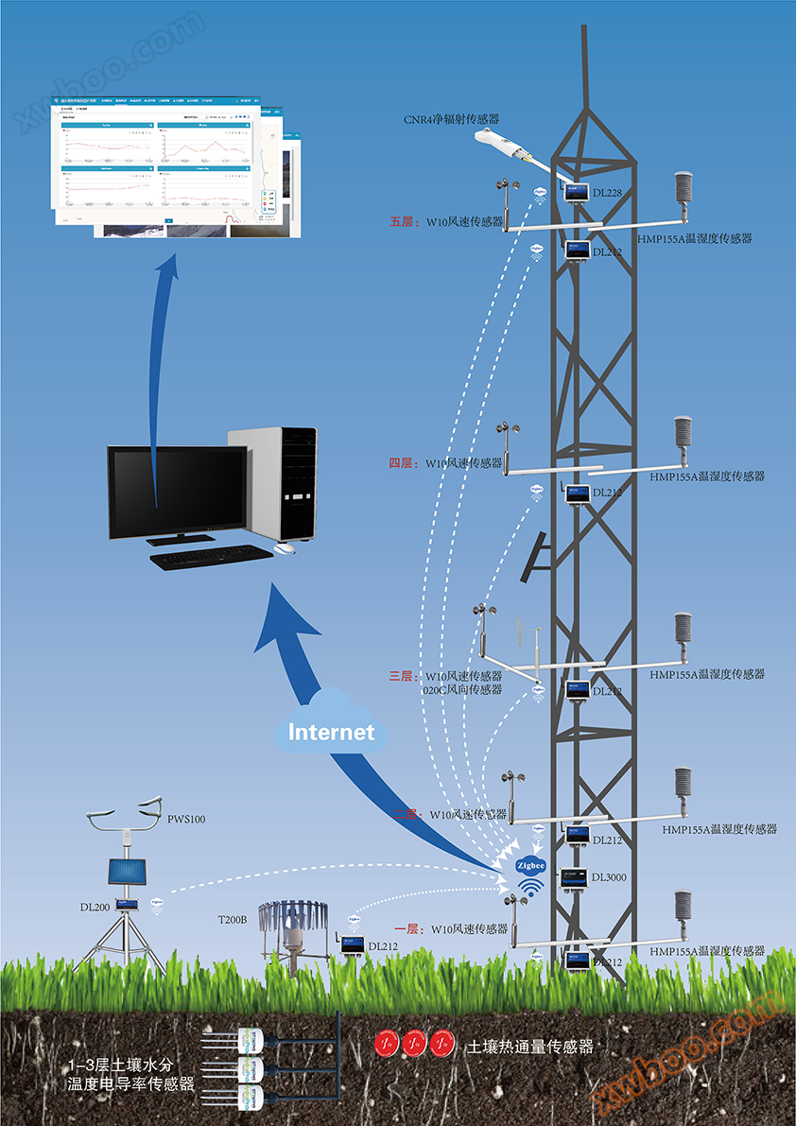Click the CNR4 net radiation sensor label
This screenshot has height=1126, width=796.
pyautogui.click(x=451, y=119)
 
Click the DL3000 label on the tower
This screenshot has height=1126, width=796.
pyautogui.click(x=609, y=877)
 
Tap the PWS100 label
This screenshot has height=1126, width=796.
pyautogui.click(x=186, y=819)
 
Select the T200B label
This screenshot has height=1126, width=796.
pyautogui.click(x=232, y=919)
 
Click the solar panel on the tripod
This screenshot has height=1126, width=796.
pyautogui.click(x=126, y=875)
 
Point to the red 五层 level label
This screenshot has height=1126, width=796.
pyautogui.click(x=403, y=222)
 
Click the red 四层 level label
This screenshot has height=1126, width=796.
pyautogui.click(x=403, y=463)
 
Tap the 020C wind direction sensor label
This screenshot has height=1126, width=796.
pyautogui.click(x=462, y=690)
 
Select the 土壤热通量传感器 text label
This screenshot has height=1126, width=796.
pyautogui.click(x=529, y=1048)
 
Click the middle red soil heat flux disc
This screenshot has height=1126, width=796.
pyautogui.click(x=414, y=1044)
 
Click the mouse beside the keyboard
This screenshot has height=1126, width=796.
pyautogui.click(x=285, y=548)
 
